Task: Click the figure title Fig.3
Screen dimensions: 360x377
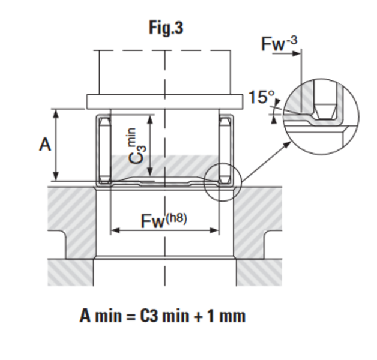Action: (166, 28)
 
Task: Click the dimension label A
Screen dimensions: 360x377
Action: (44, 145)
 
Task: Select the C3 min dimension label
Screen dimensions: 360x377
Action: (137, 146)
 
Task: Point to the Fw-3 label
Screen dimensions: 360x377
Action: (279, 44)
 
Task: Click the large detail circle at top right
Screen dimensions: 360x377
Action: (321, 114)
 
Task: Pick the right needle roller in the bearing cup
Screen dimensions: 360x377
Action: (225, 150)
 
